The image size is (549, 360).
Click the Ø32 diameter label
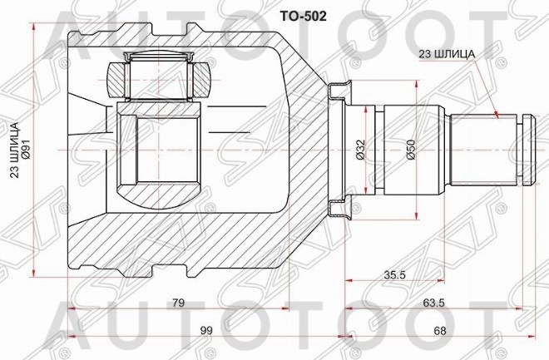click(360, 148)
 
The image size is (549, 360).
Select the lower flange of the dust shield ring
click(339, 211)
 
